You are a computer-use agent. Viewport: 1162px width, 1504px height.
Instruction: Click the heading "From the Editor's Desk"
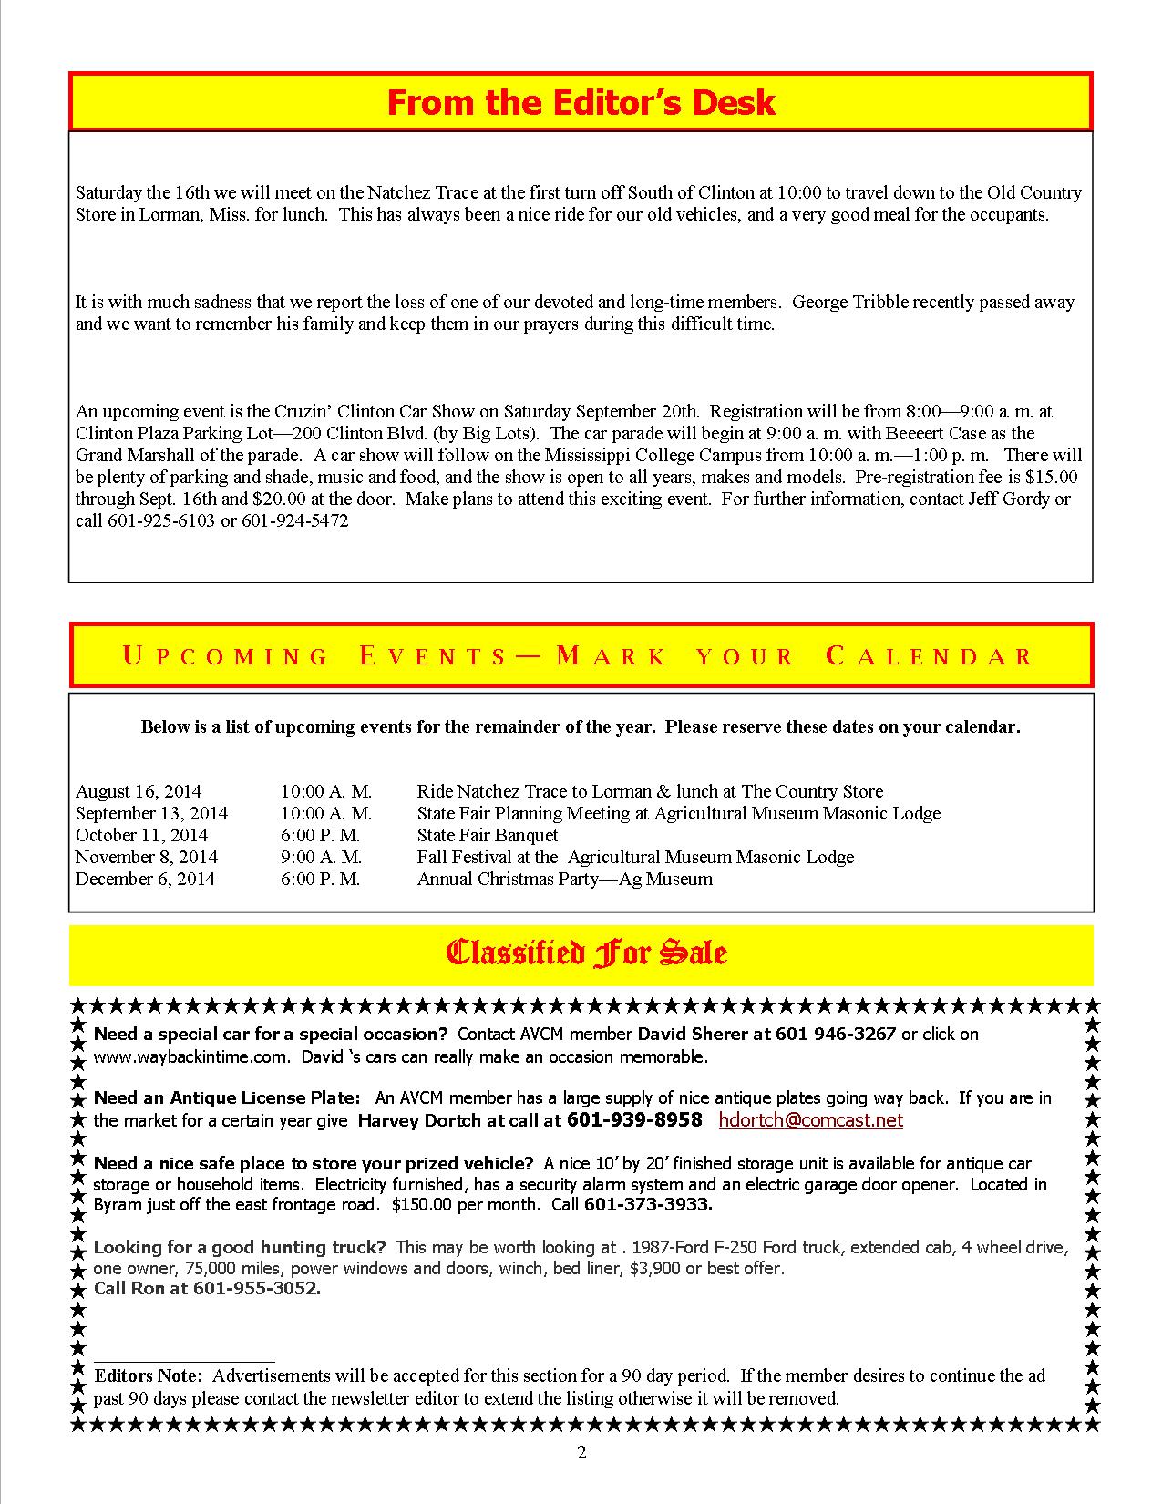tap(581, 102)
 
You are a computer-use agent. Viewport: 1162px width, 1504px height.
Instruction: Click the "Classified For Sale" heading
tap(586, 953)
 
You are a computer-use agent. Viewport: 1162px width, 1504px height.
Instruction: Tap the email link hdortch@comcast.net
tap(810, 1120)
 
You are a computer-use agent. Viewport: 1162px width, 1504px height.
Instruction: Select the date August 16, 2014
tap(139, 791)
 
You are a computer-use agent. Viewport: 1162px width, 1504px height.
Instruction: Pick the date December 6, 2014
tap(145, 879)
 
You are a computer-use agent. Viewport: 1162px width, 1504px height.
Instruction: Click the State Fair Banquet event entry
tap(488, 835)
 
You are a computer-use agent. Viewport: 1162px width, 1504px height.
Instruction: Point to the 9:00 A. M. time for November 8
tap(321, 857)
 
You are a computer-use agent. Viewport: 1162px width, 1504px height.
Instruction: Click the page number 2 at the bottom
tap(581, 1453)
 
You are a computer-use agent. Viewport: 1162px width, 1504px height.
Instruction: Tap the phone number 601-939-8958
tap(634, 1120)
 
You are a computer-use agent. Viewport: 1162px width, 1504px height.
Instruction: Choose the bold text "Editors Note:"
tap(149, 1375)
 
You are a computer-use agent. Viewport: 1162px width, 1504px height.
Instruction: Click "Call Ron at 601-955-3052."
tap(207, 1289)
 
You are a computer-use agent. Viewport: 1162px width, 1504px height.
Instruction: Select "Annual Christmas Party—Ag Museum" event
tap(565, 879)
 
